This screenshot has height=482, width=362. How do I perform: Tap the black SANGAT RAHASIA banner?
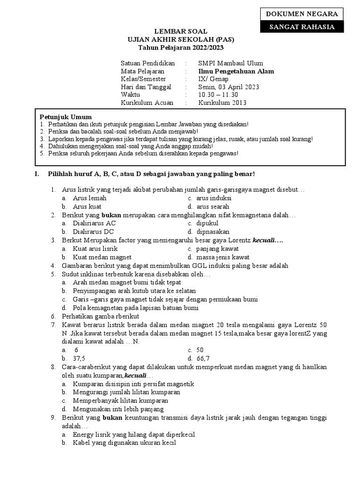click(x=302, y=27)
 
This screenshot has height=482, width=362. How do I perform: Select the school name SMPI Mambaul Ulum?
click(x=230, y=63)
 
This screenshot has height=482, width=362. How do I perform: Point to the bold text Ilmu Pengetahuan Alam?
click(x=236, y=71)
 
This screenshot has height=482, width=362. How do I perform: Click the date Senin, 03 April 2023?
click(x=229, y=87)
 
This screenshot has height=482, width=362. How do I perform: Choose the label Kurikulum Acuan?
click(x=147, y=103)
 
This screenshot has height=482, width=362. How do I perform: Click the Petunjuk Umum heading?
click(x=66, y=117)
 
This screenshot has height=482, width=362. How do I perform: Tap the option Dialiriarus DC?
click(x=93, y=232)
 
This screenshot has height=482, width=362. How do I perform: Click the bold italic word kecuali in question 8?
click(x=136, y=376)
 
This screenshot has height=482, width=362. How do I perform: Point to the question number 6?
click(x=53, y=316)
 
